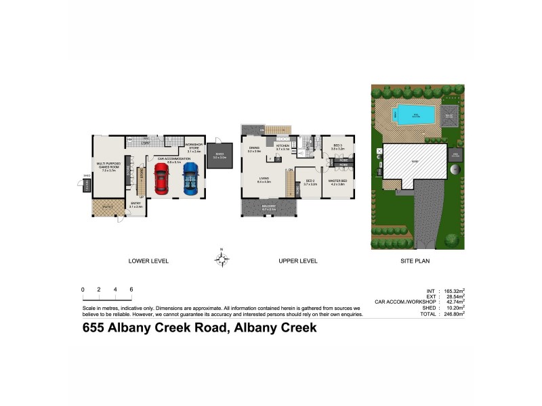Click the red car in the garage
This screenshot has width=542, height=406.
[161, 179]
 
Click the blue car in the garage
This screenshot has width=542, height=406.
[190, 177]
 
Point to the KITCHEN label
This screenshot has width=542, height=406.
[283, 146]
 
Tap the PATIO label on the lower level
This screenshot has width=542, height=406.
[107, 207]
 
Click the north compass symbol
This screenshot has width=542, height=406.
[221, 258]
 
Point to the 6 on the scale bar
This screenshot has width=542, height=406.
[131, 290]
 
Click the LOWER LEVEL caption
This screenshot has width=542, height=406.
[148, 261]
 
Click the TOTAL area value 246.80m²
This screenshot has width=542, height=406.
[451, 314]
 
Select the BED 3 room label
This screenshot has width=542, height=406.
[338, 146]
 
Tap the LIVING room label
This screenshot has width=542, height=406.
[264, 180]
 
